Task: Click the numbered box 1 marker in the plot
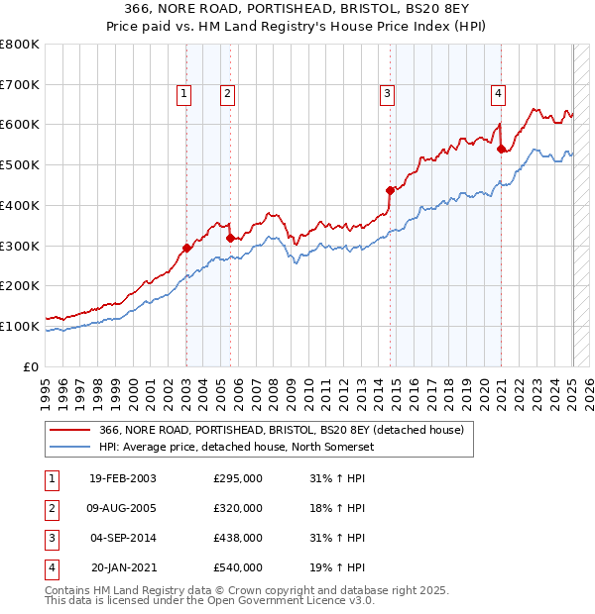[x=184, y=94]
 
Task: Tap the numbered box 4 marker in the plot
[x=498, y=94]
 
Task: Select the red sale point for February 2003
[x=186, y=248]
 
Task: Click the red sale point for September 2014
[x=390, y=190]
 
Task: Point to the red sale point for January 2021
[x=502, y=149]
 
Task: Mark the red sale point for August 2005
[x=230, y=238]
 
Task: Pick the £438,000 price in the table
[x=238, y=538]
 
